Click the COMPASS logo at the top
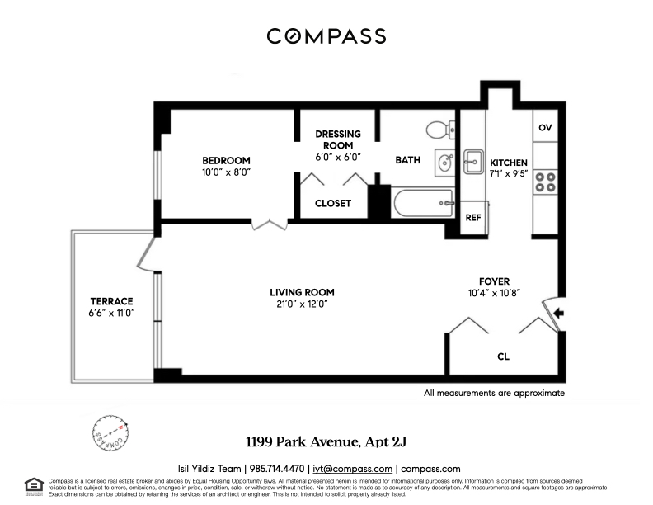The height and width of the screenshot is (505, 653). click(326, 36)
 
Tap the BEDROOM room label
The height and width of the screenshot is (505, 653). click(227, 160)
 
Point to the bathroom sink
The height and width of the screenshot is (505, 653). click(444, 161)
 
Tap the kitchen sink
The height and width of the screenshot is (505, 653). click(473, 161)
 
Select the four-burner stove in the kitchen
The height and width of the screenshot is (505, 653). click(545, 181)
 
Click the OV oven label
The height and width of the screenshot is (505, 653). click(545, 128)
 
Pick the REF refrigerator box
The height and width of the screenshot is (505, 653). click(473, 219)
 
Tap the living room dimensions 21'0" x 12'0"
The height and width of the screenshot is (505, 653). click(302, 304)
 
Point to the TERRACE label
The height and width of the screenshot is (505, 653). click(111, 301)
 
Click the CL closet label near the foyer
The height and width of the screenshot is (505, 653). click(503, 357)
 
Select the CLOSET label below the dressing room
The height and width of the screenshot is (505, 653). click(333, 203)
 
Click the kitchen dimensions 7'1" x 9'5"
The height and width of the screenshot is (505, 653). click(509, 175)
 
